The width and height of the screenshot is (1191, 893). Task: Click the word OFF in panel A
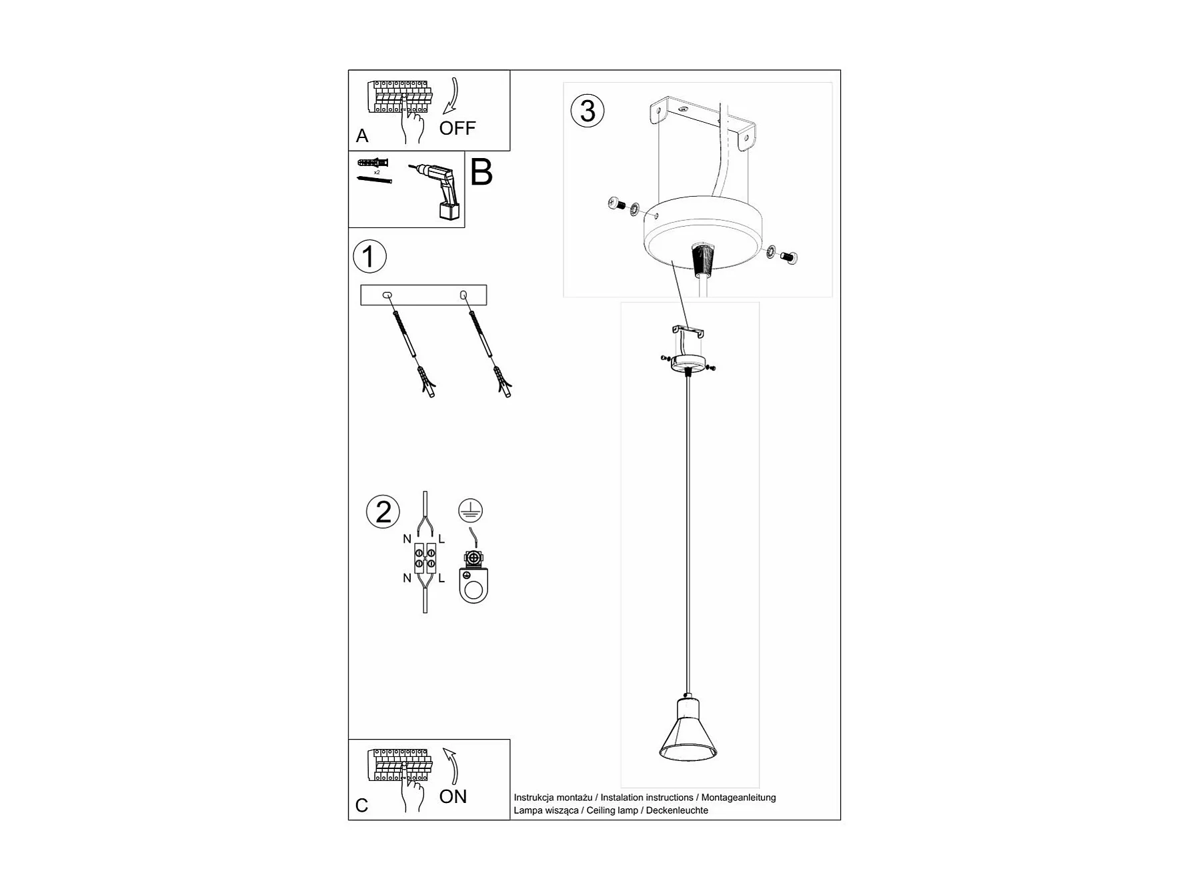(x=457, y=128)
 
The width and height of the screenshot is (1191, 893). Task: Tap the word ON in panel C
(x=453, y=796)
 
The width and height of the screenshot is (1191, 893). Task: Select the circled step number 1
(x=369, y=257)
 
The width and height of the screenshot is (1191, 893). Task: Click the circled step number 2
(x=383, y=512)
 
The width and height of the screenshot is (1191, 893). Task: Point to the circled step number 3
(x=587, y=111)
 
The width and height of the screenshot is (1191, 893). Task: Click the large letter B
(x=481, y=172)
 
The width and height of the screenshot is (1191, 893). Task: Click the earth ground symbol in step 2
(x=470, y=510)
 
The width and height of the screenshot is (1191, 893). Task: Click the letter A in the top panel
(x=362, y=136)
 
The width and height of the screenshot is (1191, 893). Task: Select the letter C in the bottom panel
(x=362, y=806)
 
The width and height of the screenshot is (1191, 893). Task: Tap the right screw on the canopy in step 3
(x=791, y=257)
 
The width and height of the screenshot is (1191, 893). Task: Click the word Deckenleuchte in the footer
(x=677, y=810)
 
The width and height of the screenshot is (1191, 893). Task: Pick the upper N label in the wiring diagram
(x=407, y=539)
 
